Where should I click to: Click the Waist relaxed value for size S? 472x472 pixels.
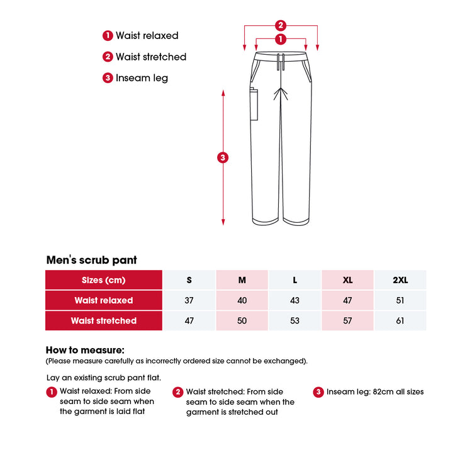click(189, 300)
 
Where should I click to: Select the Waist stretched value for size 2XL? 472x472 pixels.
click(400, 320)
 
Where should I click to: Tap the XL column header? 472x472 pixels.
click(347, 280)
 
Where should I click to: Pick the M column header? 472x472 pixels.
click(242, 280)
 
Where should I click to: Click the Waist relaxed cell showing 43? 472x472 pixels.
click(295, 300)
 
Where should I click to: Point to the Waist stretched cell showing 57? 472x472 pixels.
click(347, 320)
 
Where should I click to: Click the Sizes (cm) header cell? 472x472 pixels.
click(104, 280)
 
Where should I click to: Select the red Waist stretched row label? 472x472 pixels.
click(104, 320)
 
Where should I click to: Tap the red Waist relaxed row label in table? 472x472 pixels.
click(104, 300)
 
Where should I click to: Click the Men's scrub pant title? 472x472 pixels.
click(92, 260)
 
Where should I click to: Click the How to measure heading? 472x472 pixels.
click(85, 350)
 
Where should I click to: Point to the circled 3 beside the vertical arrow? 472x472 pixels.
click(223, 157)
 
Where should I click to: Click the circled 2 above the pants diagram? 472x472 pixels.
click(281, 26)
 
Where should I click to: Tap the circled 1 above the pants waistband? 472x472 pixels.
click(281, 39)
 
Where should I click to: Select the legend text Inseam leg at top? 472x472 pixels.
click(142, 78)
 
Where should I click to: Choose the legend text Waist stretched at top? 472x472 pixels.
click(151, 57)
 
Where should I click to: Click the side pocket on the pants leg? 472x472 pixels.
click(255, 104)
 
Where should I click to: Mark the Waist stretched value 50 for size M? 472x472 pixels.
click(242, 320)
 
